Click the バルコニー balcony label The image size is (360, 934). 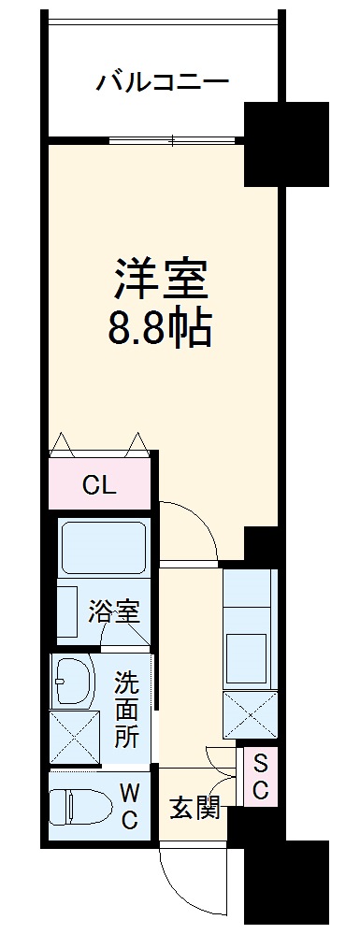[x=163, y=83]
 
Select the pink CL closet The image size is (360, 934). [x=100, y=485]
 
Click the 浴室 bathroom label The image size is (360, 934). [x=114, y=612]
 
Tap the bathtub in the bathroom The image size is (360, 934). [x=103, y=550]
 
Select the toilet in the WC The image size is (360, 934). [x=79, y=806]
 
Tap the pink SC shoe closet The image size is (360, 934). [x=261, y=776]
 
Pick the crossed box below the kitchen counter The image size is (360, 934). [x=250, y=715]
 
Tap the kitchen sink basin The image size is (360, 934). [x=250, y=655]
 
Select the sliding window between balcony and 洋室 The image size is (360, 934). [x=175, y=140]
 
